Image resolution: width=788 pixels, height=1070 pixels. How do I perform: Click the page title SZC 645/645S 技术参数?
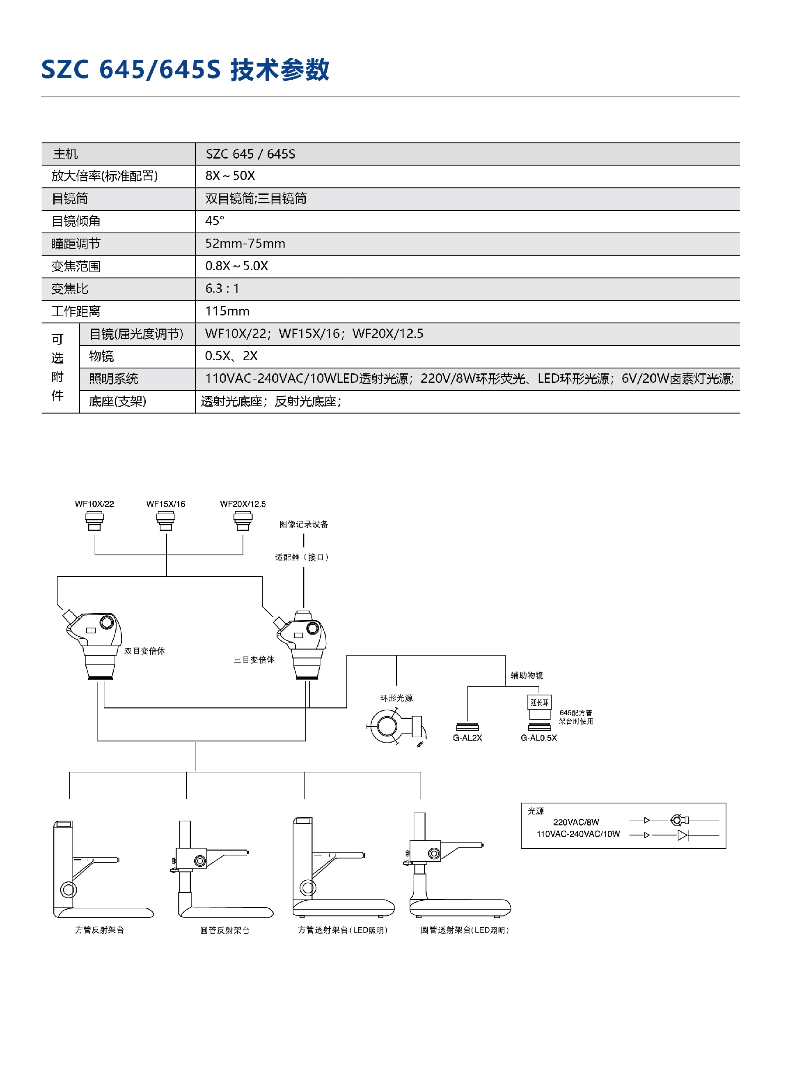(185, 70)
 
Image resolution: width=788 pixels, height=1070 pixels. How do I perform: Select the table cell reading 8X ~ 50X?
(230, 176)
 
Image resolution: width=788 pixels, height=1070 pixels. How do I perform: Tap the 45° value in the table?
(215, 221)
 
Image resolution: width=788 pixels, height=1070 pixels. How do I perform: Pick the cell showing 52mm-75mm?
(245, 244)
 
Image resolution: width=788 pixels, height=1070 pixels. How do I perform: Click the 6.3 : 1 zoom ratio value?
(222, 289)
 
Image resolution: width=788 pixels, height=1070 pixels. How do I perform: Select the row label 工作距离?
(76, 312)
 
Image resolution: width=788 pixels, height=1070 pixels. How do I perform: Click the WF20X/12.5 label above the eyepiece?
(243, 504)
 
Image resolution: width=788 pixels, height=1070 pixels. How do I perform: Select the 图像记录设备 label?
(304, 524)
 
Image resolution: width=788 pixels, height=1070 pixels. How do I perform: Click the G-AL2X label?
(467, 738)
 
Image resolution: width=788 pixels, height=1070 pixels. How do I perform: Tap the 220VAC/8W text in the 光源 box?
(576, 822)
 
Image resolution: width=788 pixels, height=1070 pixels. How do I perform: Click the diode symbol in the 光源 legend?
(683, 835)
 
